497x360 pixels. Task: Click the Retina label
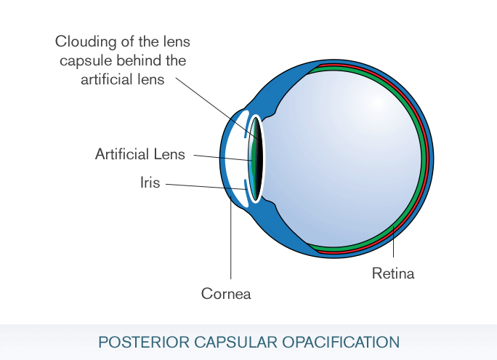coord(392,274)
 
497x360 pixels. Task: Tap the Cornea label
coord(226,294)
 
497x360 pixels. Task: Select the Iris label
coord(150,182)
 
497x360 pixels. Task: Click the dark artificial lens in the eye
coord(256,156)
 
